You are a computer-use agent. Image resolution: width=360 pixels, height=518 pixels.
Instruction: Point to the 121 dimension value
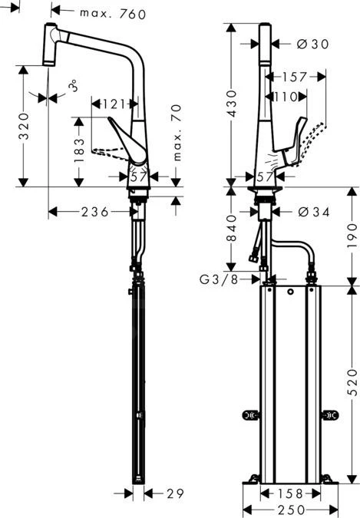[x=116, y=102]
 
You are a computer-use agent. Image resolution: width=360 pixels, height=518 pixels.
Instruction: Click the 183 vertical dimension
[x=78, y=153]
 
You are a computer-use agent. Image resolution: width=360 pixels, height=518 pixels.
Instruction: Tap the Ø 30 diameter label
[x=312, y=45]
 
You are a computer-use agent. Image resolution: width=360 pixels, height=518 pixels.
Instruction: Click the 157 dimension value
[x=294, y=77]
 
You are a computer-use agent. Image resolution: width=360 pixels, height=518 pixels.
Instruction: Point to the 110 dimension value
[x=288, y=96]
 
